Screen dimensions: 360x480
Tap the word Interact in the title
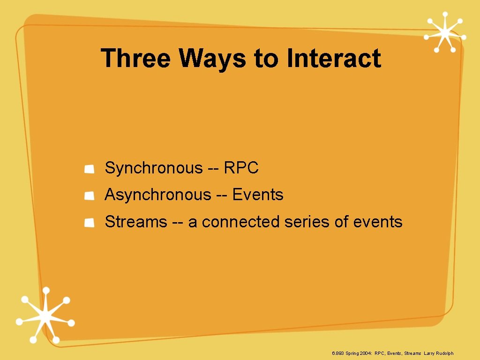click(334, 59)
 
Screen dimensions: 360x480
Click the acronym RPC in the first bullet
click(241, 168)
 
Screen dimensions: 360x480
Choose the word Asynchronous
click(158, 195)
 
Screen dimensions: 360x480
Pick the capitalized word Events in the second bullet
click(258, 195)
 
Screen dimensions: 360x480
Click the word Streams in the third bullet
click(136, 221)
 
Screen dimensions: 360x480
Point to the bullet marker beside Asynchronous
click(90, 196)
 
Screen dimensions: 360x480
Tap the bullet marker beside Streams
click(90, 223)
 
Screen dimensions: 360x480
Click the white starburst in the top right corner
click(445, 32)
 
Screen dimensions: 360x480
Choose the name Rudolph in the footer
click(445, 353)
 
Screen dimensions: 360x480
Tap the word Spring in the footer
click(352, 353)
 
